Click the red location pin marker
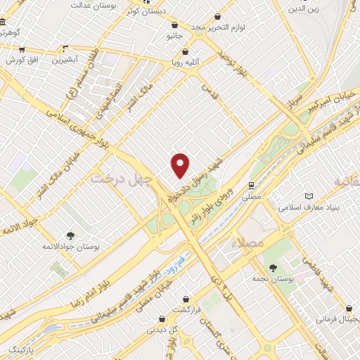pyautogui.click(x=181, y=165)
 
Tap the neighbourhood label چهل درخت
pyautogui.click(x=122, y=179)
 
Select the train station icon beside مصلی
pyautogui.click(x=251, y=186)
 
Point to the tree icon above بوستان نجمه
pyautogui.click(x=273, y=266)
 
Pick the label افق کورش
pyautogui.click(x=20, y=60)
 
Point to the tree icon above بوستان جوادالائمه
pyautogui.click(x=70, y=236)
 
